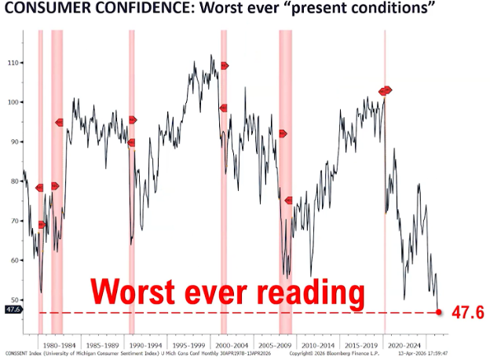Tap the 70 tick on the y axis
click(13, 220)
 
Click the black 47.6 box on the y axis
click(12, 309)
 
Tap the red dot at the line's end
click(439, 312)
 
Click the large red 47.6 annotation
click(466, 312)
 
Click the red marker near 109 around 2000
click(225, 65)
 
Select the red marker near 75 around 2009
click(288, 200)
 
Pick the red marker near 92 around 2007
click(283, 134)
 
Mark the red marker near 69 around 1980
click(42, 224)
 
